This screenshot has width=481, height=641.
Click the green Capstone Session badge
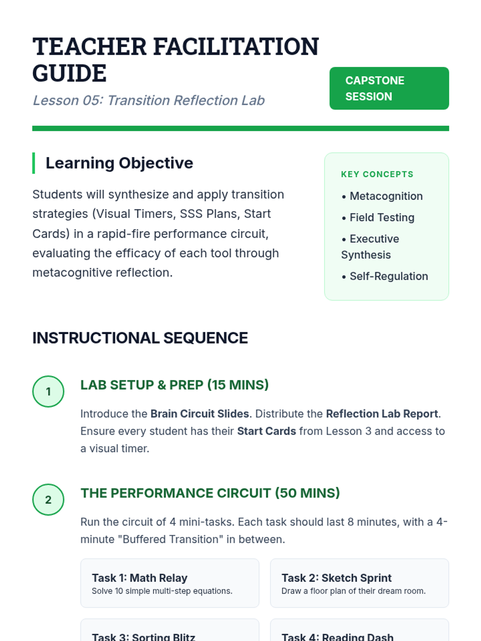389,88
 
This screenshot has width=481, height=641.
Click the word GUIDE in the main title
69,73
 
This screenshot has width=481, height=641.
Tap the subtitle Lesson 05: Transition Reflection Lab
148,100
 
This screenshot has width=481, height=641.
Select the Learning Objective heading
119,163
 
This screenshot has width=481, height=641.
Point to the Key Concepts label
377,174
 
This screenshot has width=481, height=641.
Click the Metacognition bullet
386,196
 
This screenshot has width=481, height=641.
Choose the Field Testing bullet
382,217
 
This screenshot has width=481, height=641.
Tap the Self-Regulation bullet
388,276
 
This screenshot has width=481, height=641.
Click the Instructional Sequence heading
140,338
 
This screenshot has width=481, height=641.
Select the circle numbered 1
48,391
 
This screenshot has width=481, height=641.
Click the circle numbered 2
48,500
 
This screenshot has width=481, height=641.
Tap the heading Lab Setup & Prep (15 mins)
174,385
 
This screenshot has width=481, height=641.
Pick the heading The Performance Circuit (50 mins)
210,493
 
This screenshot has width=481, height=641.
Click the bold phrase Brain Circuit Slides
200,413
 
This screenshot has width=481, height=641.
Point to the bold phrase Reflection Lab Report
382,413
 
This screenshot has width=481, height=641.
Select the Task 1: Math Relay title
139,578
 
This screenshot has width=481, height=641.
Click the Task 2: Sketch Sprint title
336,578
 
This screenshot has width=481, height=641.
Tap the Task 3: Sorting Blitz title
143,636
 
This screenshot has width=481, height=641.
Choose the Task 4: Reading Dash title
338,636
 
